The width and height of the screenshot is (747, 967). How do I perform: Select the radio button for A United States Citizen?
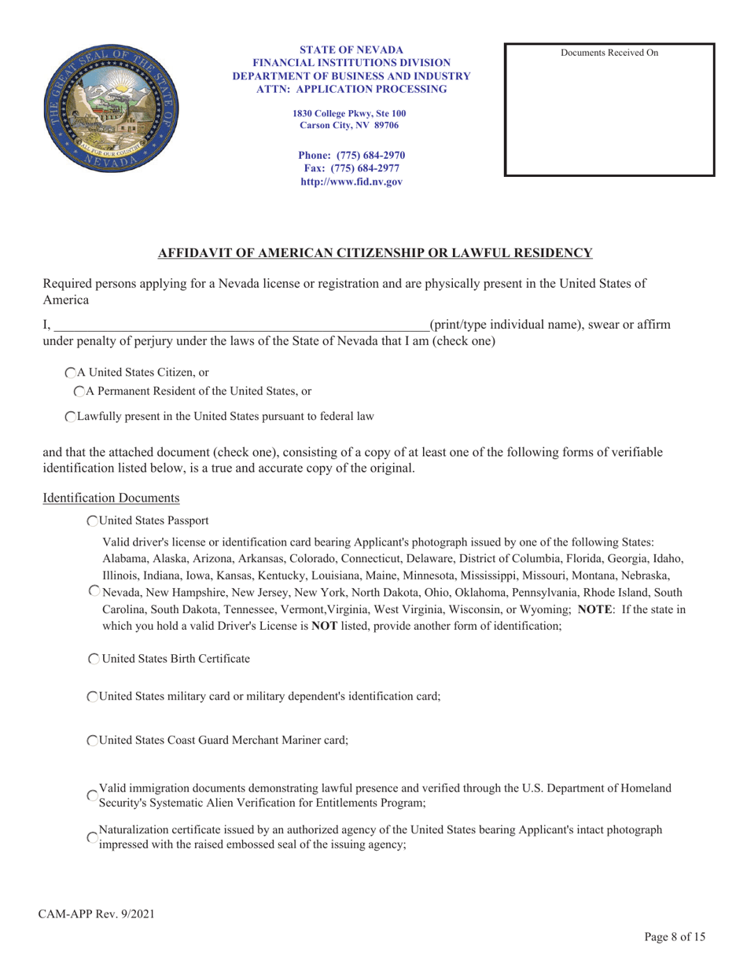pos(71,373)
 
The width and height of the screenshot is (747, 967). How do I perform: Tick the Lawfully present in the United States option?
pos(71,417)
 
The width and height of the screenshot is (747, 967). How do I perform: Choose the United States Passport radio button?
pos(94,520)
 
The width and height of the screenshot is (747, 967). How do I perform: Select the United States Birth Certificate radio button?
pos(94,659)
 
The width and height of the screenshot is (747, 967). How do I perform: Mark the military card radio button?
pos(94,697)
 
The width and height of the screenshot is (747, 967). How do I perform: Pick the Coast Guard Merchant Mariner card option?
pos(94,741)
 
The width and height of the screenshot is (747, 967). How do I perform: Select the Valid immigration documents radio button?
pos(94,796)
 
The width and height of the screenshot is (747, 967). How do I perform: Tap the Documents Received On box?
pos(609,110)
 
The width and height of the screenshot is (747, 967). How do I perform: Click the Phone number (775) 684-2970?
pos(351,155)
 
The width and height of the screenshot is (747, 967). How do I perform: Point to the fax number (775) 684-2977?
pos(351,168)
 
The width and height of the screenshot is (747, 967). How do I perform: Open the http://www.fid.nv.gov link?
pos(351,182)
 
